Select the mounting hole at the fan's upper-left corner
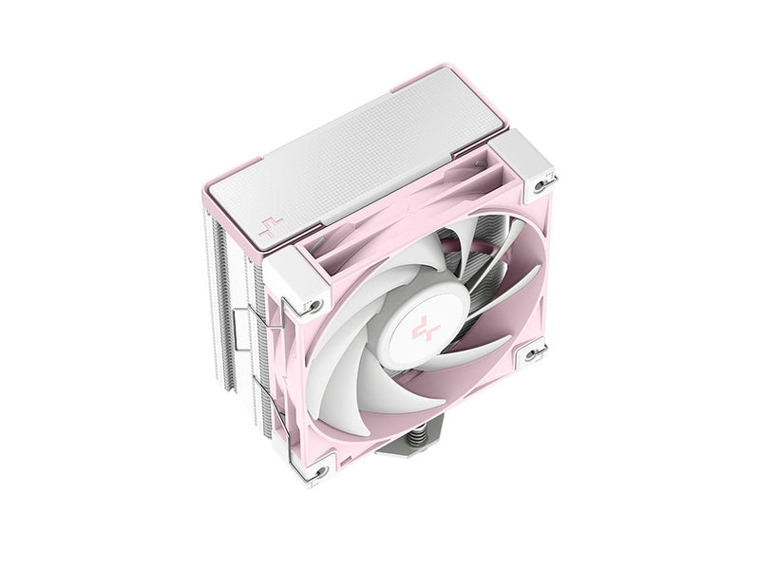tap(310, 306)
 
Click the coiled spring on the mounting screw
tap(393, 464)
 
